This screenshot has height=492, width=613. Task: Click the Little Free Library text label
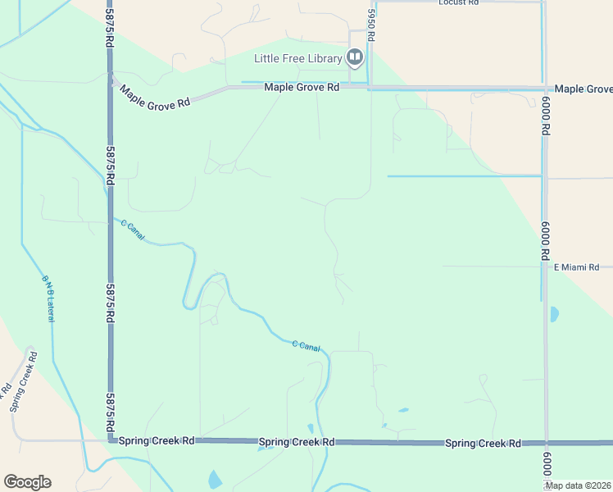[x=298, y=58]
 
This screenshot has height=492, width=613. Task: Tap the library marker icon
[x=355, y=57]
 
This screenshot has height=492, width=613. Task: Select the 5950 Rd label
[x=371, y=27]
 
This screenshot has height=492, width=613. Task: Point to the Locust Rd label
[x=458, y=3]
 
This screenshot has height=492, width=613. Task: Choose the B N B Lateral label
[x=48, y=297]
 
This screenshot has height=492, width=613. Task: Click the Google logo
[x=27, y=482]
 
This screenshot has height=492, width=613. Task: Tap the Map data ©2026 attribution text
[x=577, y=485]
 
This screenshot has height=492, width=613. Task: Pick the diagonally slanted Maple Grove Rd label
[x=156, y=96]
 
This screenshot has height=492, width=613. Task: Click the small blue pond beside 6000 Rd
[x=555, y=313]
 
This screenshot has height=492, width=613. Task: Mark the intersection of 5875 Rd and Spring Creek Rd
[x=110, y=440]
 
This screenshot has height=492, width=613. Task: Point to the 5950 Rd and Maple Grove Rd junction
[x=370, y=87]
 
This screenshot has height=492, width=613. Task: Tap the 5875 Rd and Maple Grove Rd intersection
[x=110, y=80]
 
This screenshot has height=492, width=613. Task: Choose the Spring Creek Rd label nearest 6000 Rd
[x=483, y=444]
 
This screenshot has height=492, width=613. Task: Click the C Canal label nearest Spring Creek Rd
[x=306, y=346]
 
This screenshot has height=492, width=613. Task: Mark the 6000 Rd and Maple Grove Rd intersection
[x=544, y=89]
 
